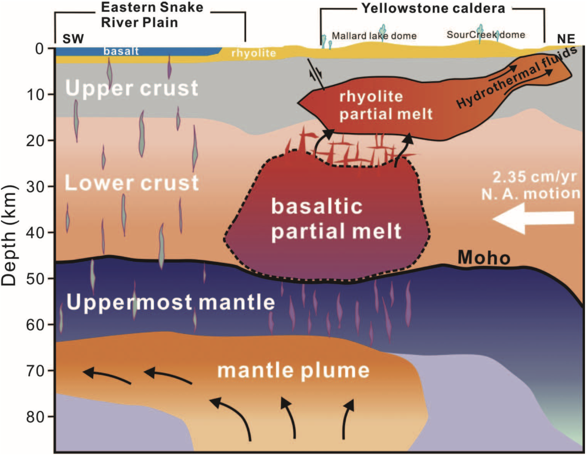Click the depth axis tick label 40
coord(35,233)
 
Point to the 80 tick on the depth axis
coord(35,417)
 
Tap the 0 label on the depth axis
coord(39,49)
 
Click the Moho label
coord(484,258)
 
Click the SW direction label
coord(73,39)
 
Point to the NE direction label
coord(566,39)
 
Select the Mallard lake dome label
coord(374,36)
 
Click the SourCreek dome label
coord(485,35)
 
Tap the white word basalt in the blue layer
coord(121,51)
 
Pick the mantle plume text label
coord(293,371)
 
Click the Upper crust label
coord(132,88)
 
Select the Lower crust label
coord(132,183)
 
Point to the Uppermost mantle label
coord(170,302)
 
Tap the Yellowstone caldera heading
coord(433,8)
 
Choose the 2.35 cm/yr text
coord(534,177)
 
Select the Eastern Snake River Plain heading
coord(152,15)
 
